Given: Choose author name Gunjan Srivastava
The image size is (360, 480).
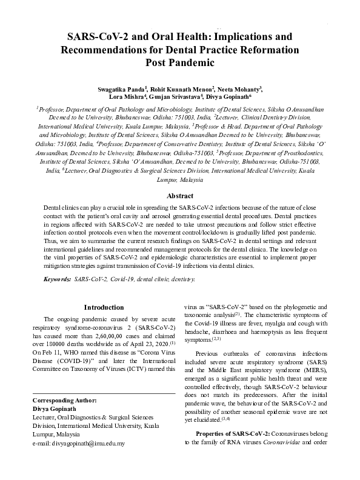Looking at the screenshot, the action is click(x=172, y=96).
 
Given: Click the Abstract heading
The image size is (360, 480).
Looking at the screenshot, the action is click(x=180, y=196).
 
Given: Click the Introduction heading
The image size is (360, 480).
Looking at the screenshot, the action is click(x=104, y=307).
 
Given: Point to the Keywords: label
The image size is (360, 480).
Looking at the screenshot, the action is click(x=56, y=279).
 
